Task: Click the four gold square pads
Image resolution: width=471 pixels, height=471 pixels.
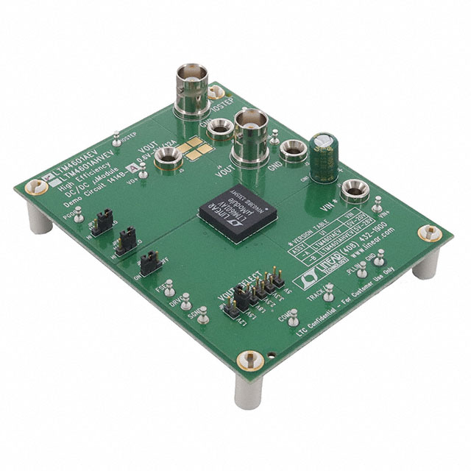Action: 197,148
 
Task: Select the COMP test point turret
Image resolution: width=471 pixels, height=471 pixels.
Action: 292,315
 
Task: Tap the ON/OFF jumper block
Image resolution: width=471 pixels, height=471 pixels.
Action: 149,258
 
